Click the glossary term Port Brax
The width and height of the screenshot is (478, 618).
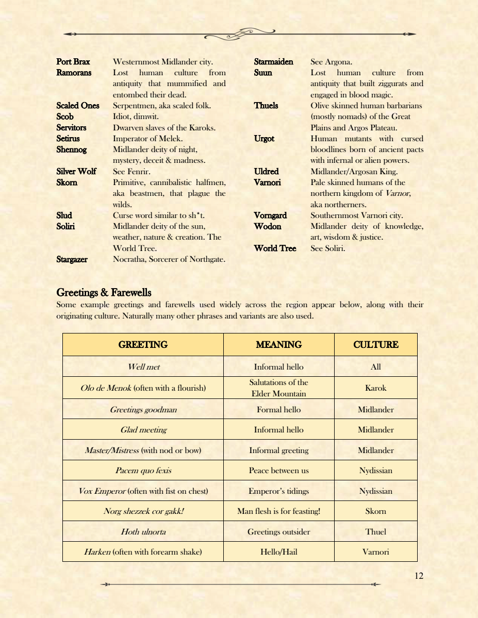point(73,62)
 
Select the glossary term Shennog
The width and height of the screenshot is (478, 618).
point(72,149)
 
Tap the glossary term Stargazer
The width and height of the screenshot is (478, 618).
point(72,259)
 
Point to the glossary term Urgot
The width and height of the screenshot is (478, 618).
point(264,139)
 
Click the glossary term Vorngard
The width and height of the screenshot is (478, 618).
point(270,215)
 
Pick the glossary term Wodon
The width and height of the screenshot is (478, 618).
point(268,226)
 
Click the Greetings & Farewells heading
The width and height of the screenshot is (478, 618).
point(104,293)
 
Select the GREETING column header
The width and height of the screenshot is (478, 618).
point(143,345)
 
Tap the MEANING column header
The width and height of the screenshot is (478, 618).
point(278,345)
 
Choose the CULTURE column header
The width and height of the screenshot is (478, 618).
point(375,345)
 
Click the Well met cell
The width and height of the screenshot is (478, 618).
point(143,367)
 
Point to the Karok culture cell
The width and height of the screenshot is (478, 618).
point(375,388)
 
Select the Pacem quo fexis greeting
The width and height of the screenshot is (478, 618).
point(143,470)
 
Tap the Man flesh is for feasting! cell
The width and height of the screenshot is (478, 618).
point(278,511)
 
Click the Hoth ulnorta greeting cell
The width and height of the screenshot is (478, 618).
point(143,531)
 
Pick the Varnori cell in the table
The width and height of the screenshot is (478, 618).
point(375,552)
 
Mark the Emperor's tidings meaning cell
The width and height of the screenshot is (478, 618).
point(278,491)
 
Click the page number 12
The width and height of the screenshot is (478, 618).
point(419,576)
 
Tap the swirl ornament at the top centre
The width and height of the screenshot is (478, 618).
point(239,34)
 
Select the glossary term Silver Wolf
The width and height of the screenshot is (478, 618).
point(76,171)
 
